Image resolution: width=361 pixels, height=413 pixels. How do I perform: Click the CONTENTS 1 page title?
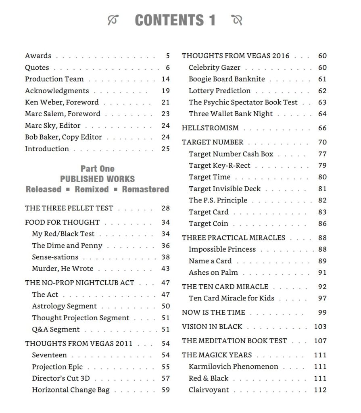(x=175, y=20)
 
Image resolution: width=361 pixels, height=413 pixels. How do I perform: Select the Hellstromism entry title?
(x=210, y=128)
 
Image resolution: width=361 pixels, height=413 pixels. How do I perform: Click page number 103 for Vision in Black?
(x=320, y=327)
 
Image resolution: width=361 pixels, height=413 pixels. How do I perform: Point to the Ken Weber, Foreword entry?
(x=62, y=102)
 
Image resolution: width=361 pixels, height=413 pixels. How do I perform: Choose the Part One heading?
(x=97, y=169)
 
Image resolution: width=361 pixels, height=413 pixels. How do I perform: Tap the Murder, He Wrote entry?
(x=63, y=269)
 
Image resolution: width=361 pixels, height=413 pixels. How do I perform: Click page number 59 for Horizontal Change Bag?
(x=165, y=390)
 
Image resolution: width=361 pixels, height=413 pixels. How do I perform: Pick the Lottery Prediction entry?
(x=219, y=91)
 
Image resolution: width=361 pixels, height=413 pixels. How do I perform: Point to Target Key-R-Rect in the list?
(x=219, y=165)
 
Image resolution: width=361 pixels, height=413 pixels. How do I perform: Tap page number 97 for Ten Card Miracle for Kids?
(x=322, y=298)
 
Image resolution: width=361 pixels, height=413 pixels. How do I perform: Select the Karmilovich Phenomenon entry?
(x=233, y=367)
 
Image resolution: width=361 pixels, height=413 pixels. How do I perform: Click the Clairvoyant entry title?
(x=209, y=390)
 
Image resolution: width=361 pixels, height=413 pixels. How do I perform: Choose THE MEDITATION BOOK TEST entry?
(x=234, y=341)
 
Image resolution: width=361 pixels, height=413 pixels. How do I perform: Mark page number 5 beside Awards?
(x=167, y=56)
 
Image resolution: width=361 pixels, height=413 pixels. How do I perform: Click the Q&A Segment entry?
(x=56, y=330)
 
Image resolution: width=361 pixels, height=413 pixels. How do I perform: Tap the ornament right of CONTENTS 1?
(x=237, y=20)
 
